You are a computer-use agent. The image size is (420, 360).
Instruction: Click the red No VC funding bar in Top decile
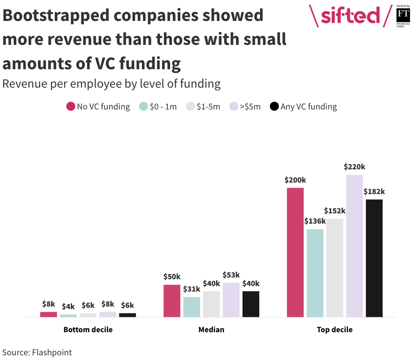[x=295, y=252]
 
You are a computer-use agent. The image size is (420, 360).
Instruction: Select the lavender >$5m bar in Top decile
[x=354, y=246]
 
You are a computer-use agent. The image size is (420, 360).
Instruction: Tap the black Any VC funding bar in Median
[x=251, y=304]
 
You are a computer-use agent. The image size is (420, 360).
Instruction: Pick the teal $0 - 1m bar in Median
[x=192, y=307]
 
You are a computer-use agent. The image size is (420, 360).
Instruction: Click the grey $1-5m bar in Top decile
[x=334, y=268]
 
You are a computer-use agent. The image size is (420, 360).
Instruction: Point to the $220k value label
[x=354, y=167]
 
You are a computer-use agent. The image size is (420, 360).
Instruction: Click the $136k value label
[x=315, y=221]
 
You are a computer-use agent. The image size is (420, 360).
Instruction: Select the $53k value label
[x=231, y=275]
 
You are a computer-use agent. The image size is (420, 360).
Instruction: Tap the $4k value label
[x=68, y=307]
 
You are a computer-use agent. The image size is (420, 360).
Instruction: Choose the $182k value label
[x=374, y=192]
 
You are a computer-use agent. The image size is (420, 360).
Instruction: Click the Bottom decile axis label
[x=88, y=330]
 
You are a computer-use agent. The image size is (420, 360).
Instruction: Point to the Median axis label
[x=211, y=330]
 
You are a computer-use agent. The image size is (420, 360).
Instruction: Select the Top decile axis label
[x=334, y=330]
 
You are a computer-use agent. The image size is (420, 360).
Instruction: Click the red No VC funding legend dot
[x=71, y=106]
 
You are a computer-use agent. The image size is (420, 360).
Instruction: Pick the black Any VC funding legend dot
[x=274, y=106]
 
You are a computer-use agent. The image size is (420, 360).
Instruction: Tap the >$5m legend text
[x=250, y=106]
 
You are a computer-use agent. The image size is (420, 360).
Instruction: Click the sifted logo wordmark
[x=350, y=15]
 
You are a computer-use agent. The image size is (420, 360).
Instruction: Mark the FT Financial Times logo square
[x=403, y=15]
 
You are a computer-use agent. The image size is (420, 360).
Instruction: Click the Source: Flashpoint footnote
[x=37, y=352]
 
